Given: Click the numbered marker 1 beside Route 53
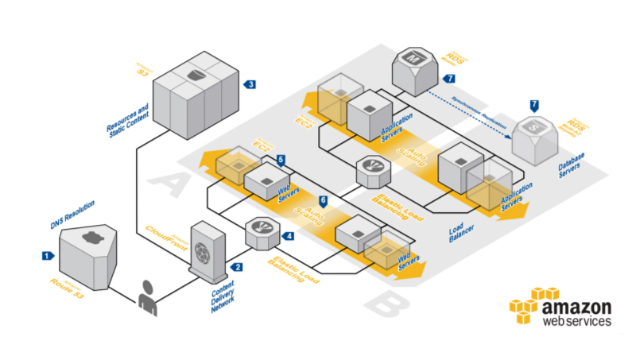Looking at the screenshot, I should [47, 256].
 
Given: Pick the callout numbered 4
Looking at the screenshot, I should [289, 236].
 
